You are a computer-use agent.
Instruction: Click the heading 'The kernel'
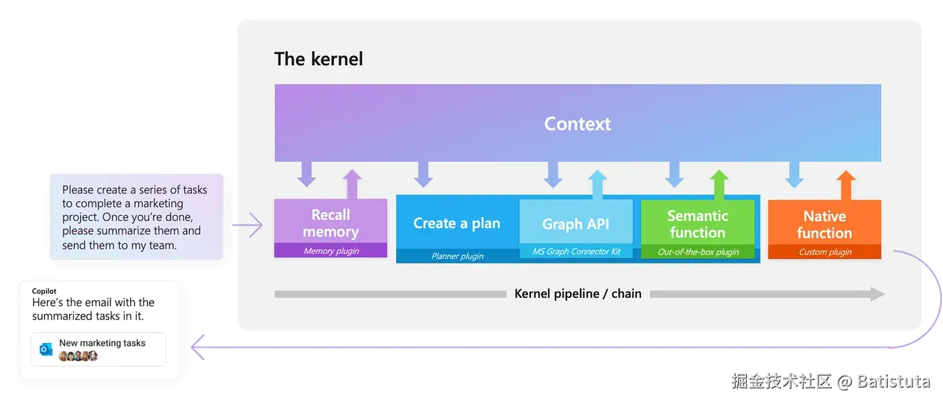tap(318, 59)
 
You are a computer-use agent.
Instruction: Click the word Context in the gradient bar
tap(577, 124)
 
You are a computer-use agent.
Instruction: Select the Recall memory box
tap(331, 228)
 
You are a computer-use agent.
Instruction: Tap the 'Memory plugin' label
tap(331, 251)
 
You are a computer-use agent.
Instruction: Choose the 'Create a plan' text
tap(457, 223)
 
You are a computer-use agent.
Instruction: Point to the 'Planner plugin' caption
tap(457, 256)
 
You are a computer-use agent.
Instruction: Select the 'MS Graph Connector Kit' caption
tap(577, 251)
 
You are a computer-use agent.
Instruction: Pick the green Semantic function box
tap(698, 229)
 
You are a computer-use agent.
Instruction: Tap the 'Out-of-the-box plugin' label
tap(698, 252)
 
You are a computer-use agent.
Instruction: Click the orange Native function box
tap(824, 229)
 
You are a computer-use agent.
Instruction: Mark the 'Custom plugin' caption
tap(825, 252)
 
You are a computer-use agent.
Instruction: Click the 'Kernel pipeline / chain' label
tap(578, 294)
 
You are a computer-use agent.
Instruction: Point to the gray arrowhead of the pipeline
tap(878, 294)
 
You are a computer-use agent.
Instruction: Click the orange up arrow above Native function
tap(846, 185)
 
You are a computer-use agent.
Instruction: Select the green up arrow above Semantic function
tap(719, 185)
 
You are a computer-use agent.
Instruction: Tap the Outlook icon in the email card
tap(46, 349)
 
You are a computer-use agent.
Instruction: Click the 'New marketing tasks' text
tap(102, 343)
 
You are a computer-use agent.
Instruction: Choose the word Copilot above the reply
tap(44, 291)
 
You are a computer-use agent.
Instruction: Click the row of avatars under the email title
tap(78, 356)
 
